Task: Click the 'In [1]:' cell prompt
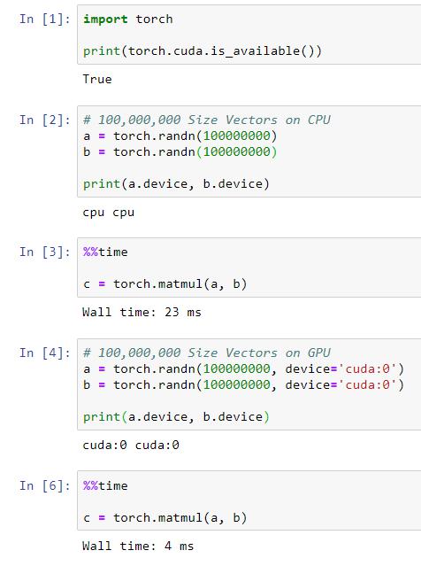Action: [45, 19]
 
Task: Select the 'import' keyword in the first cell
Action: [105, 19]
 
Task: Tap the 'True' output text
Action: [97, 79]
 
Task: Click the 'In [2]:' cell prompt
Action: [45, 120]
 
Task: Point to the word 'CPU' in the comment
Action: [319, 120]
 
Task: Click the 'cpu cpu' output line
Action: [109, 213]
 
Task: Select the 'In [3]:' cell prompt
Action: [45, 252]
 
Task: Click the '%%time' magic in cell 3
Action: [105, 252]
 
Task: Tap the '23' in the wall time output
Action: [172, 313]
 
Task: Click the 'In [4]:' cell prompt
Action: [45, 353]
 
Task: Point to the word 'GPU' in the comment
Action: [319, 353]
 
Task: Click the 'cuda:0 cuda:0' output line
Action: [131, 445]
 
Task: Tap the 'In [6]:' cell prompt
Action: [45, 486]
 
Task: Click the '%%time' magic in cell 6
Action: [105, 486]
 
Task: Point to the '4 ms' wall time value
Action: [180, 546]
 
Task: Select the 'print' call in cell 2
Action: [102, 184]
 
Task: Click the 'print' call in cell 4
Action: [102, 417]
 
